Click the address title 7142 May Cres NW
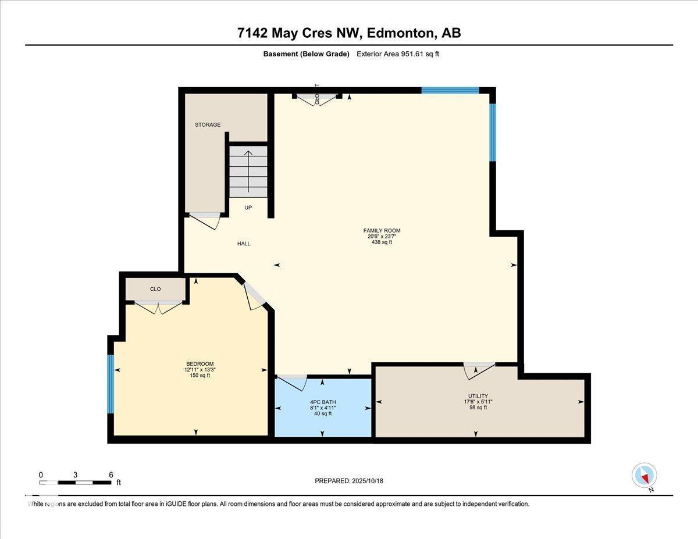coord(349,33)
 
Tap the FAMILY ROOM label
coord(382,231)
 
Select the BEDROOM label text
coord(196,364)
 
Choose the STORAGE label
coord(208,125)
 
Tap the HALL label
coord(244,244)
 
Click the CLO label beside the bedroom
coord(155,289)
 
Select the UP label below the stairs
coord(248,208)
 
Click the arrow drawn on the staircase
coord(248,171)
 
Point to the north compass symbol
coord(644,476)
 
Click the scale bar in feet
coord(75,482)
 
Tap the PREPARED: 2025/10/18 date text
coord(349,481)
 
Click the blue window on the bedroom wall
coord(111,384)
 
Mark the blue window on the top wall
coord(450,90)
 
